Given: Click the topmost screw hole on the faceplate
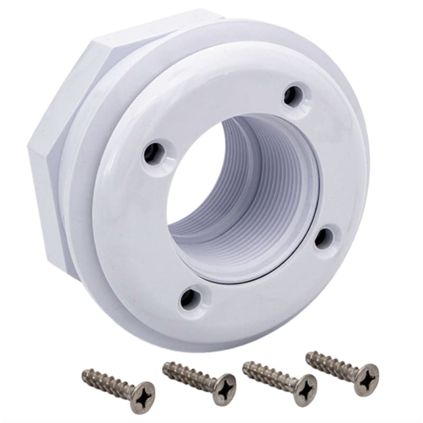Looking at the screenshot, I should pyautogui.click(x=290, y=96).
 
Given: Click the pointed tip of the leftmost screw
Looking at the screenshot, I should pyautogui.click(x=84, y=373).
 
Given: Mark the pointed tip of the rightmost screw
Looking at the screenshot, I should pyautogui.click(x=308, y=353).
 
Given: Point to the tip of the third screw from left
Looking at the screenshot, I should pyautogui.click(x=245, y=365).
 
